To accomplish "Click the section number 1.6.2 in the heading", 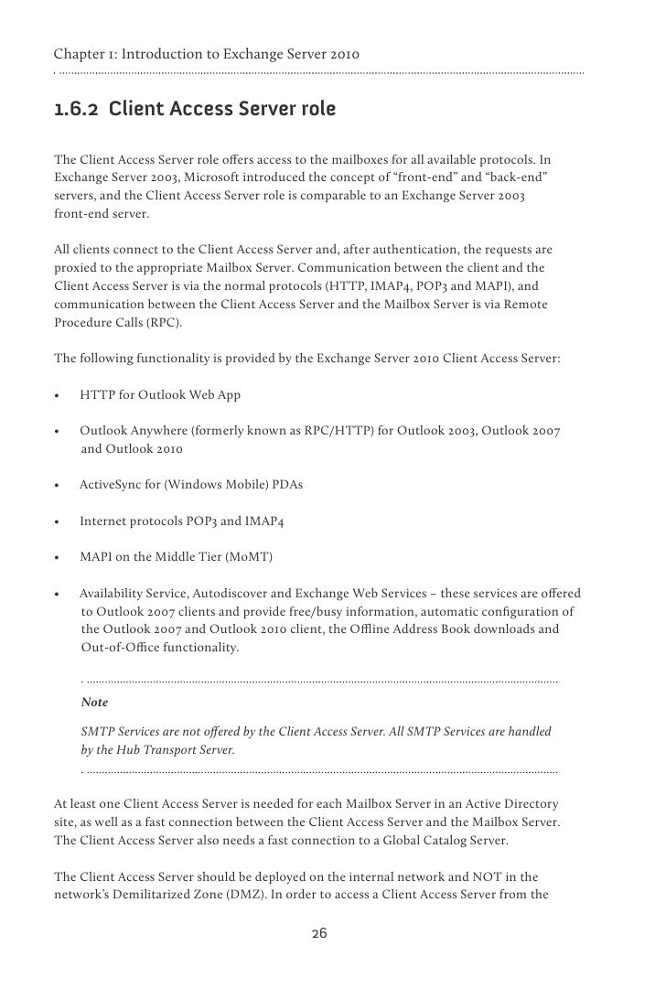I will (77, 111).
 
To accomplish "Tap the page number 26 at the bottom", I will (319, 933).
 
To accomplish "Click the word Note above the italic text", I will (94, 703).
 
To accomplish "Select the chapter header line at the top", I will (207, 56).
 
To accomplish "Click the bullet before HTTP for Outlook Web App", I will (58, 395).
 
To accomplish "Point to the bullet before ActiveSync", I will (58, 485).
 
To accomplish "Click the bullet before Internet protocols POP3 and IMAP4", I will (58, 521).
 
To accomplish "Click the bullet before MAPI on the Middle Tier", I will (58, 557).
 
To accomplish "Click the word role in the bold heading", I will (317, 111).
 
